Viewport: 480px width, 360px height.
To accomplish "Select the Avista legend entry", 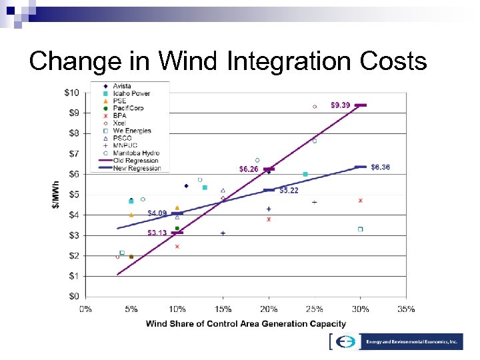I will pyautogui.click(x=121, y=87).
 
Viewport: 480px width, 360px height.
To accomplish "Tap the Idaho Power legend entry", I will pyautogui.click(x=131, y=94).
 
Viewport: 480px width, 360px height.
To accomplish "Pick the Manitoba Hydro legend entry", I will pyautogui.click(x=136, y=153).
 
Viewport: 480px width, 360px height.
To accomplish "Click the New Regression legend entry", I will pyautogui.click(x=137, y=168).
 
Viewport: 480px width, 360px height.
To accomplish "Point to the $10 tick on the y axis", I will pyautogui.click(x=71, y=93).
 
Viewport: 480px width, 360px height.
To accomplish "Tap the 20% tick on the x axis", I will pyautogui.click(x=269, y=309).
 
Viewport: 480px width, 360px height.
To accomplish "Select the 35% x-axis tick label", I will pyautogui.click(x=405, y=309).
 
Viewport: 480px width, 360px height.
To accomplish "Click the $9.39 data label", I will pyautogui.click(x=340, y=105).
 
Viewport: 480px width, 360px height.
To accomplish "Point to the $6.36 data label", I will pyautogui.click(x=380, y=167).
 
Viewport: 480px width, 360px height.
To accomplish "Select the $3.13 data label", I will pyautogui.click(x=157, y=233).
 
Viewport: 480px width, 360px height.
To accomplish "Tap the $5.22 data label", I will pyautogui.click(x=289, y=191).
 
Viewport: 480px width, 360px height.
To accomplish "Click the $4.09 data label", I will pyautogui.click(x=157, y=213).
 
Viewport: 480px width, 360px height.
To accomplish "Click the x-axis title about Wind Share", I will pyautogui.click(x=246, y=324).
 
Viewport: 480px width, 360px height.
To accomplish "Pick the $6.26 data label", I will pyautogui.click(x=249, y=169).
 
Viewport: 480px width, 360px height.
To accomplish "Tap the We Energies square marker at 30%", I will pyautogui.click(x=360, y=229).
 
